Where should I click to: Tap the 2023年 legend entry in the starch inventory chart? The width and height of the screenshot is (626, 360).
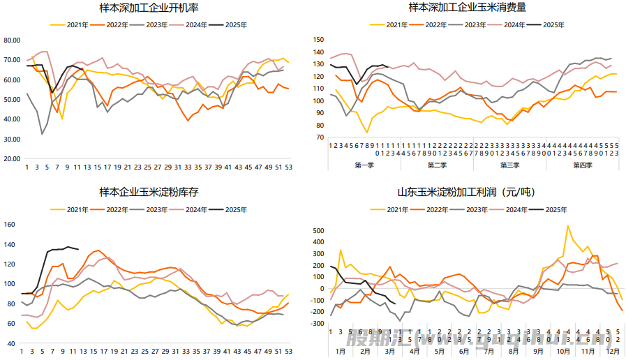pyautogui.click(x=156, y=209)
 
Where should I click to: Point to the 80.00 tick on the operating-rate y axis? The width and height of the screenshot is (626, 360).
pyautogui.click(x=12, y=40)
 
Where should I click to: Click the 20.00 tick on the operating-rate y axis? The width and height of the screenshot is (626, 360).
pyautogui.click(x=12, y=159)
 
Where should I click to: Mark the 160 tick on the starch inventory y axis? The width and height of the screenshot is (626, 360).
pyautogui.click(x=10, y=225)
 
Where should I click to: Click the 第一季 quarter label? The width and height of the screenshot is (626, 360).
pyautogui.click(x=365, y=165)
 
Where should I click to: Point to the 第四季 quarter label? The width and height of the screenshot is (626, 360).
pyautogui.click(x=581, y=165)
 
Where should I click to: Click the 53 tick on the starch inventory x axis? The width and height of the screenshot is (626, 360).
pyautogui.click(x=288, y=352)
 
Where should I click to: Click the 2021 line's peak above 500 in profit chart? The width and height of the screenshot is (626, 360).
pyautogui.click(x=567, y=226)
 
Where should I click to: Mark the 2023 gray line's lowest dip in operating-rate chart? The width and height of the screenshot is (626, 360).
pyautogui.click(x=43, y=133)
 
